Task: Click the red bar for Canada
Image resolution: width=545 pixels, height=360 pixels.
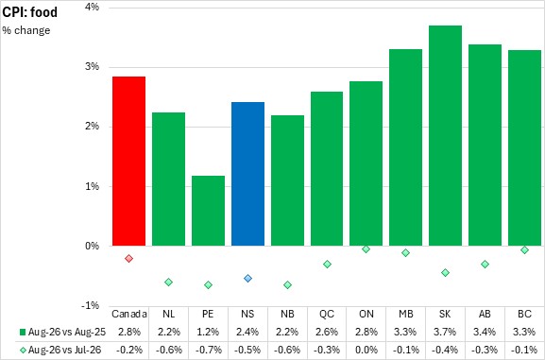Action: (x=129, y=161)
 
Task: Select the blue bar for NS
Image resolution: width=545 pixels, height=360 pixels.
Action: (x=247, y=174)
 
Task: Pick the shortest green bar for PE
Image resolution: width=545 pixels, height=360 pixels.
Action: (x=208, y=211)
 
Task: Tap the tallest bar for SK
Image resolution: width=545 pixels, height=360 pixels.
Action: (x=445, y=136)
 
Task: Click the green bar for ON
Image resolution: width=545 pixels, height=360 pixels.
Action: (x=366, y=163)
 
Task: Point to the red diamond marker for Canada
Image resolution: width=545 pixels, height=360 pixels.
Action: (x=129, y=259)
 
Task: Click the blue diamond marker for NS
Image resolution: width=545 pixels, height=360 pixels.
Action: (x=247, y=278)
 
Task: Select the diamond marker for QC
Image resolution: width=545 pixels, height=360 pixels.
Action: (x=327, y=265)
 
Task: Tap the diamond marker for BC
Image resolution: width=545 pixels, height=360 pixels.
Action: (x=525, y=250)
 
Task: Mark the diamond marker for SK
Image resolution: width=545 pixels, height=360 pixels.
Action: (x=445, y=273)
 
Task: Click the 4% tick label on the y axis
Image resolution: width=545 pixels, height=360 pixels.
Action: (x=93, y=7)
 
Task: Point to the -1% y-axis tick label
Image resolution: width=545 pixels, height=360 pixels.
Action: (x=91, y=305)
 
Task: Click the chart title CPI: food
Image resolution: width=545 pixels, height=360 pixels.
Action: (x=30, y=12)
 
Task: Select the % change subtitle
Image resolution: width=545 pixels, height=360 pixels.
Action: (x=26, y=30)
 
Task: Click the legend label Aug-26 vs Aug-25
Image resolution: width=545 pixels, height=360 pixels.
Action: (x=67, y=332)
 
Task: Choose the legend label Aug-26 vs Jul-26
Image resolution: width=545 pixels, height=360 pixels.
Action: (x=64, y=350)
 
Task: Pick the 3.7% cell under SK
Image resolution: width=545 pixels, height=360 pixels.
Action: (x=445, y=332)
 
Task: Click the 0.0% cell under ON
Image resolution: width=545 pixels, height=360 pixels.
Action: (x=366, y=350)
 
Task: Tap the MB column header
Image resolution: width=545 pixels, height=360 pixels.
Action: (x=405, y=314)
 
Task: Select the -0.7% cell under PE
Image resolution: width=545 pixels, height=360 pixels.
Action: (x=208, y=350)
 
